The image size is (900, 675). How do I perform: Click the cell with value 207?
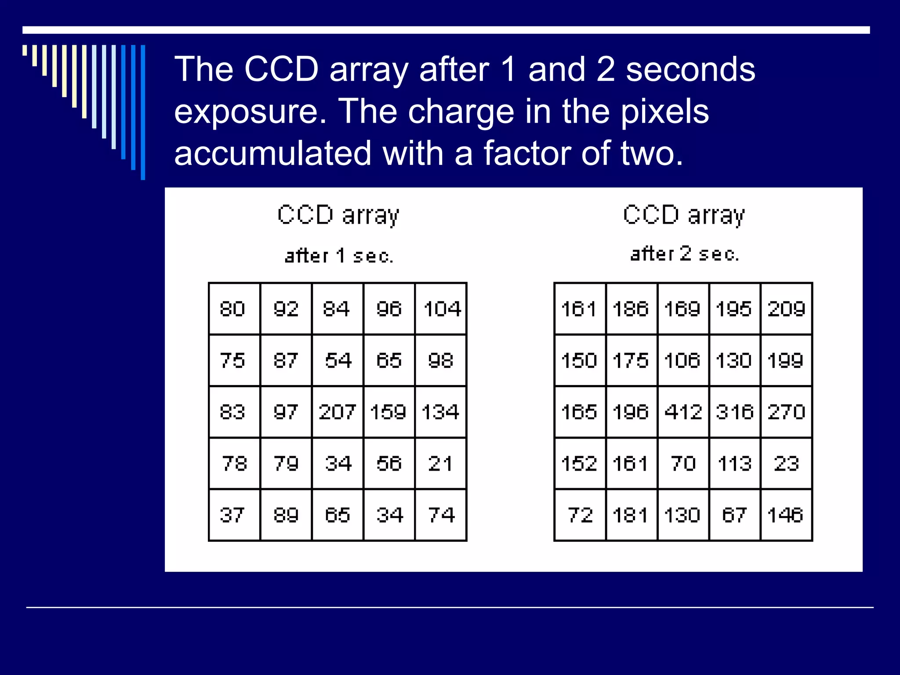(337, 412)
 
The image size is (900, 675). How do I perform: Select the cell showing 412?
(683, 412)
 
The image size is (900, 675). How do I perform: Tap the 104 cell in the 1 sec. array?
(441, 308)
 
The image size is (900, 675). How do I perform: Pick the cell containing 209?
(786, 308)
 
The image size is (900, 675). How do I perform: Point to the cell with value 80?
(234, 308)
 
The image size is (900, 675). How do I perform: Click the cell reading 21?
(441, 464)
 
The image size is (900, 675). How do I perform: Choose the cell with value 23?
(786, 464)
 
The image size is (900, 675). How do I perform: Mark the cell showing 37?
(234, 515)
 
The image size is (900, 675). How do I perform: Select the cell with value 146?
(786, 515)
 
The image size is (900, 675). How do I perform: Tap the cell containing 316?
(735, 412)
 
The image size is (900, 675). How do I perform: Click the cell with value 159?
(389, 412)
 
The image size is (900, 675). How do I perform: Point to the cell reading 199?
(786, 360)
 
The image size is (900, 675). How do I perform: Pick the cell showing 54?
(337, 360)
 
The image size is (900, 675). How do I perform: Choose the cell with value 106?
(683, 360)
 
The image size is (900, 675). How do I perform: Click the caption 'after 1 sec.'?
(339, 256)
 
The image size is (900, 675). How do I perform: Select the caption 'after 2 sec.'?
(684, 254)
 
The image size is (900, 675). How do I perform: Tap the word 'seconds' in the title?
(690, 70)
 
